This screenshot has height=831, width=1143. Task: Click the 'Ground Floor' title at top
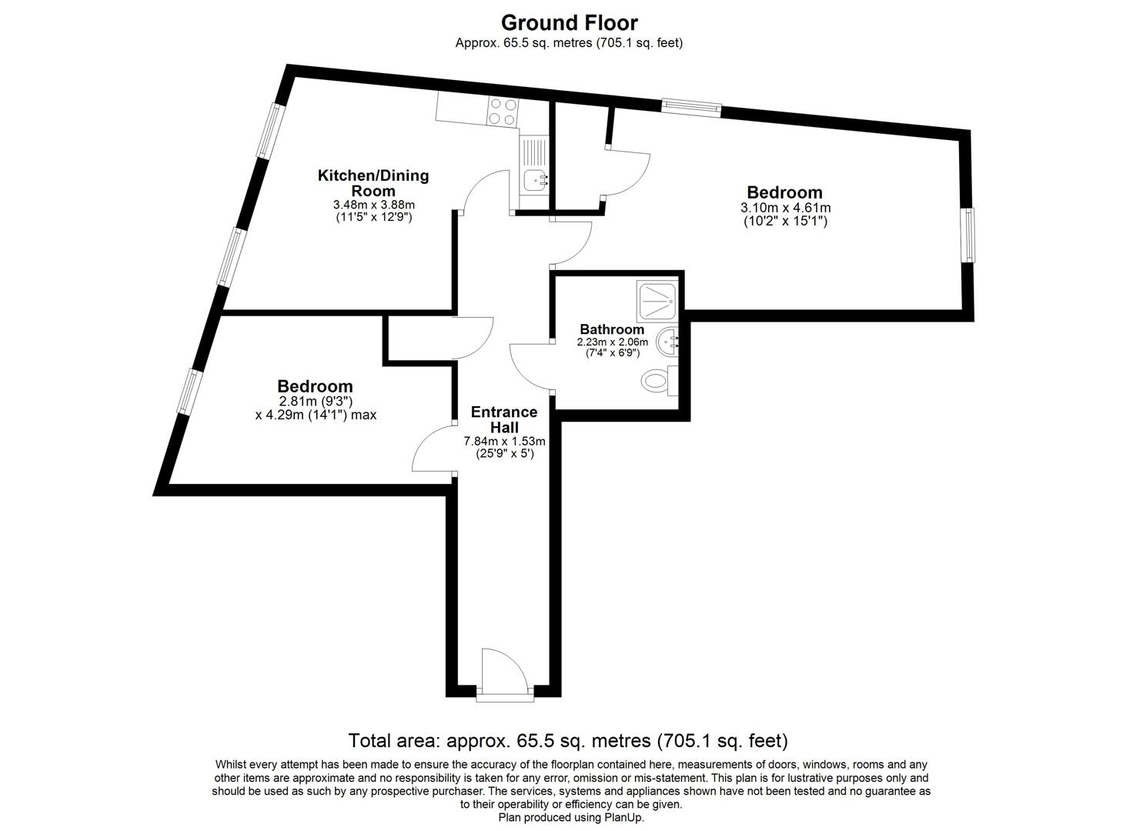click(x=569, y=23)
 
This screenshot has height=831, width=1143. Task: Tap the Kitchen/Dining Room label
click(x=373, y=183)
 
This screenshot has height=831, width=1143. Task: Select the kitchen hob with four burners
click(x=503, y=112)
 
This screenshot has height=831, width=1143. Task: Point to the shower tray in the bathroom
click(x=657, y=301)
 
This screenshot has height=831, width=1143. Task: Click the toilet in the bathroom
click(x=657, y=379)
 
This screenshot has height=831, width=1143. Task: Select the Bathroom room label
click(x=612, y=329)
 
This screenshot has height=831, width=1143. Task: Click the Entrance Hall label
click(x=504, y=419)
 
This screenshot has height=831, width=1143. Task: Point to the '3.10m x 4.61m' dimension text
click(x=785, y=208)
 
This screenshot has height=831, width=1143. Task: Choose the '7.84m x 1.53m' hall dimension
click(x=504, y=442)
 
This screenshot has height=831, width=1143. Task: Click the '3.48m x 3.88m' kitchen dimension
click(x=373, y=205)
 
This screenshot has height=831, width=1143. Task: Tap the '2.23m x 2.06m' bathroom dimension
click(x=613, y=342)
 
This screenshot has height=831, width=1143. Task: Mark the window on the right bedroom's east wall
click(x=968, y=235)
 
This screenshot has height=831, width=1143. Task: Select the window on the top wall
click(x=691, y=108)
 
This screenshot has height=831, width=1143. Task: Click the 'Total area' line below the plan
click(x=568, y=741)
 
